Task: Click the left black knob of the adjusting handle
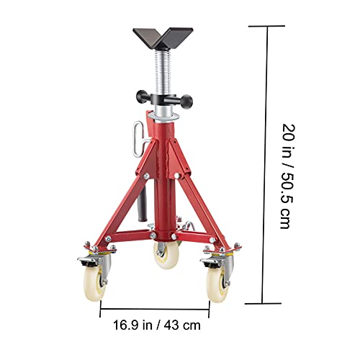click(x=135, y=95)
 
